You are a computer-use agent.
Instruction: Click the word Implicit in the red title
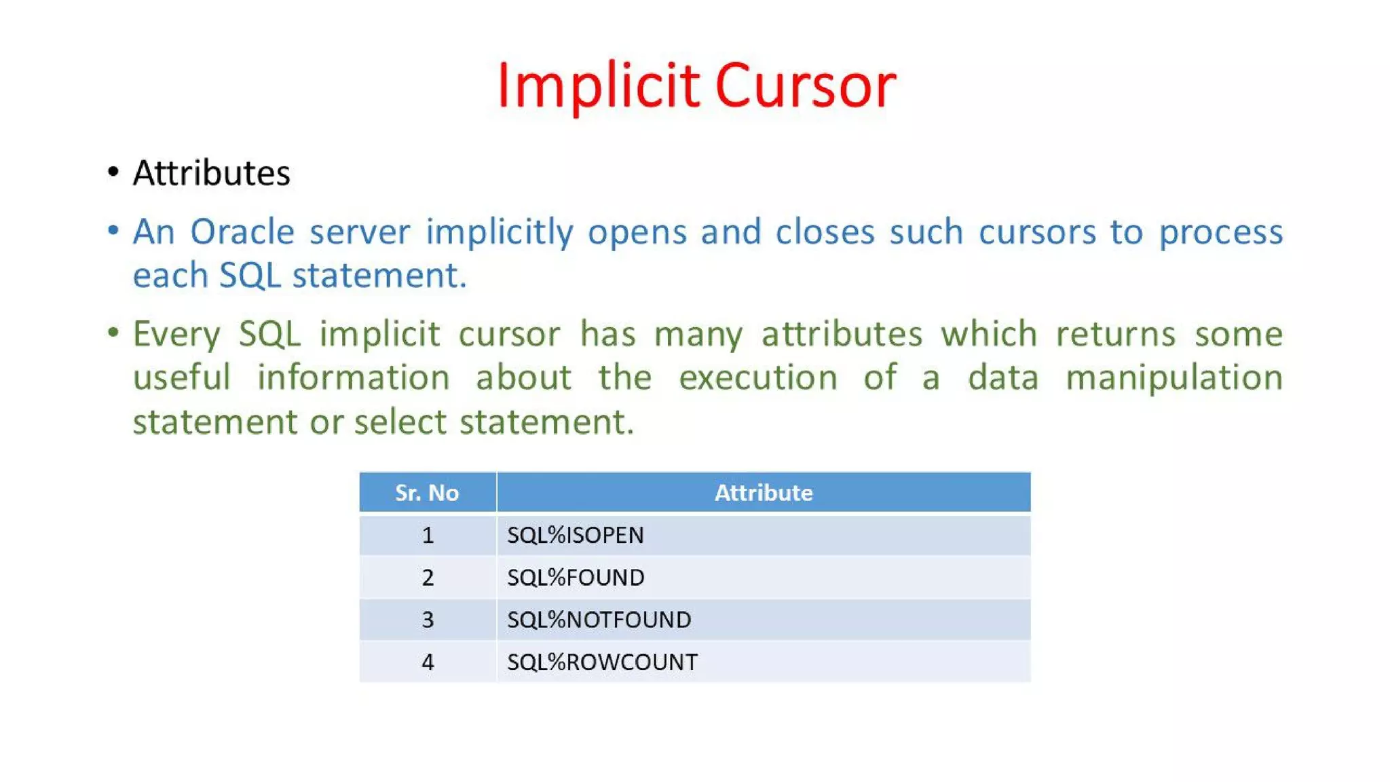click(598, 86)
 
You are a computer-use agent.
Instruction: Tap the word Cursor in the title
click(806, 86)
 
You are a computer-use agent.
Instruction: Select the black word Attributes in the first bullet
click(211, 173)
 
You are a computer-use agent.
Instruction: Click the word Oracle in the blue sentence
click(242, 232)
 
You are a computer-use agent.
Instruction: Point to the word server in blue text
click(360, 232)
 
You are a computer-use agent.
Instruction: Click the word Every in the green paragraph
click(176, 335)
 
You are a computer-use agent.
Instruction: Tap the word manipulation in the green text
click(1173, 378)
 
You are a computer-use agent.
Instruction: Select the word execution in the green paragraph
click(758, 378)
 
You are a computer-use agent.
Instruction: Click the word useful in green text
click(182, 378)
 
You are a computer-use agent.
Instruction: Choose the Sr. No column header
click(427, 492)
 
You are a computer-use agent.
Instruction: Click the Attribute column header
click(764, 492)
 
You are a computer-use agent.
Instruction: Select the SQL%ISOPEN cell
click(576, 535)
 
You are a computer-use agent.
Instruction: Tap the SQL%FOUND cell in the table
click(576, 578)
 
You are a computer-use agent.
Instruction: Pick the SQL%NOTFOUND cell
click(599, 620)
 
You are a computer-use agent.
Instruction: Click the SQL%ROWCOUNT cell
click(602, 662)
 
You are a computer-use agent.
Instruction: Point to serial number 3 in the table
click(428, 620)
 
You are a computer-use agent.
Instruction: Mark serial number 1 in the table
click(428, 535)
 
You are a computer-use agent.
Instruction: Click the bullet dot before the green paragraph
click(113, 333)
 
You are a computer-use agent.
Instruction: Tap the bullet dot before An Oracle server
click(113, 230)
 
